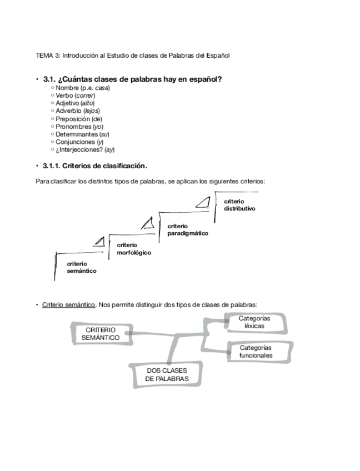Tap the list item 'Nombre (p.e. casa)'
pyautogui.click(x=83, y=88)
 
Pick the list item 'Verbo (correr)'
pyautogui.click(x=79, y=96)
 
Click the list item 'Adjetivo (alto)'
pyautogui.click(x=75, y=103)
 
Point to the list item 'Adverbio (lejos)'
pyautogui.click(x=78, y=111)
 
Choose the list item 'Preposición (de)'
pyautogui.click(x=79, y=119)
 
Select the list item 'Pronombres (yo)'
pyautogui.click(x=79, y=127)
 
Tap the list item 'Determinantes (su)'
pyautogui.click(x=83, y=134)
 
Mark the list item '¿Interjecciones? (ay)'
pyautogui.click(x=85, y=150)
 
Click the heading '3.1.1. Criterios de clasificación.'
pyautogui.click(x=94, y=166)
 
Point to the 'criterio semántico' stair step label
pyautogui.click(x=81, y=267)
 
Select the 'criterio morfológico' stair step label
pyautogui.click(x=133, y=249)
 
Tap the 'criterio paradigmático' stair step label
pyautogui.click(x=187, y=230)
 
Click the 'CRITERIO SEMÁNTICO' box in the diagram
pyautogui.click(x=101, y=334)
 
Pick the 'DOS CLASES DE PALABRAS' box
pyautogui.click(x=167, y=375)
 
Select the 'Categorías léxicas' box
pyautogui.click(x=254, y=322)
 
